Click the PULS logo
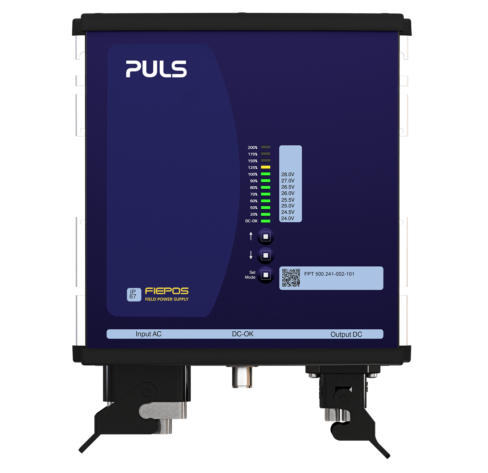[x=156, y=69]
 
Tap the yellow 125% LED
[x=266, y=167]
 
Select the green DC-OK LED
[x=266, y=221]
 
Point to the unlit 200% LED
[x=266, y=147]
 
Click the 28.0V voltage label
[x=288, y=174]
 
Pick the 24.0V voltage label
[x=288, y=218]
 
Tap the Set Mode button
[x=266, y=275]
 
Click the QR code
[x=291, y=278]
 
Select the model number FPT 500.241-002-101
[x=329, y=274]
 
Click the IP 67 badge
[x=134, y=294]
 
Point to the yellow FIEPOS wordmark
[x=167, y=291]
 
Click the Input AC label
[x=148, y=334]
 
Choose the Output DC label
[x=346, y=334]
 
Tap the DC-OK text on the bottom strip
[x=243, y=334]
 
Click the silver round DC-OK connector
[x=242, y=377]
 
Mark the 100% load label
[x=253, y=174]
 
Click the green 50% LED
[x=266, y=207]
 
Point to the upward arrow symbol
[x=251, y=236]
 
